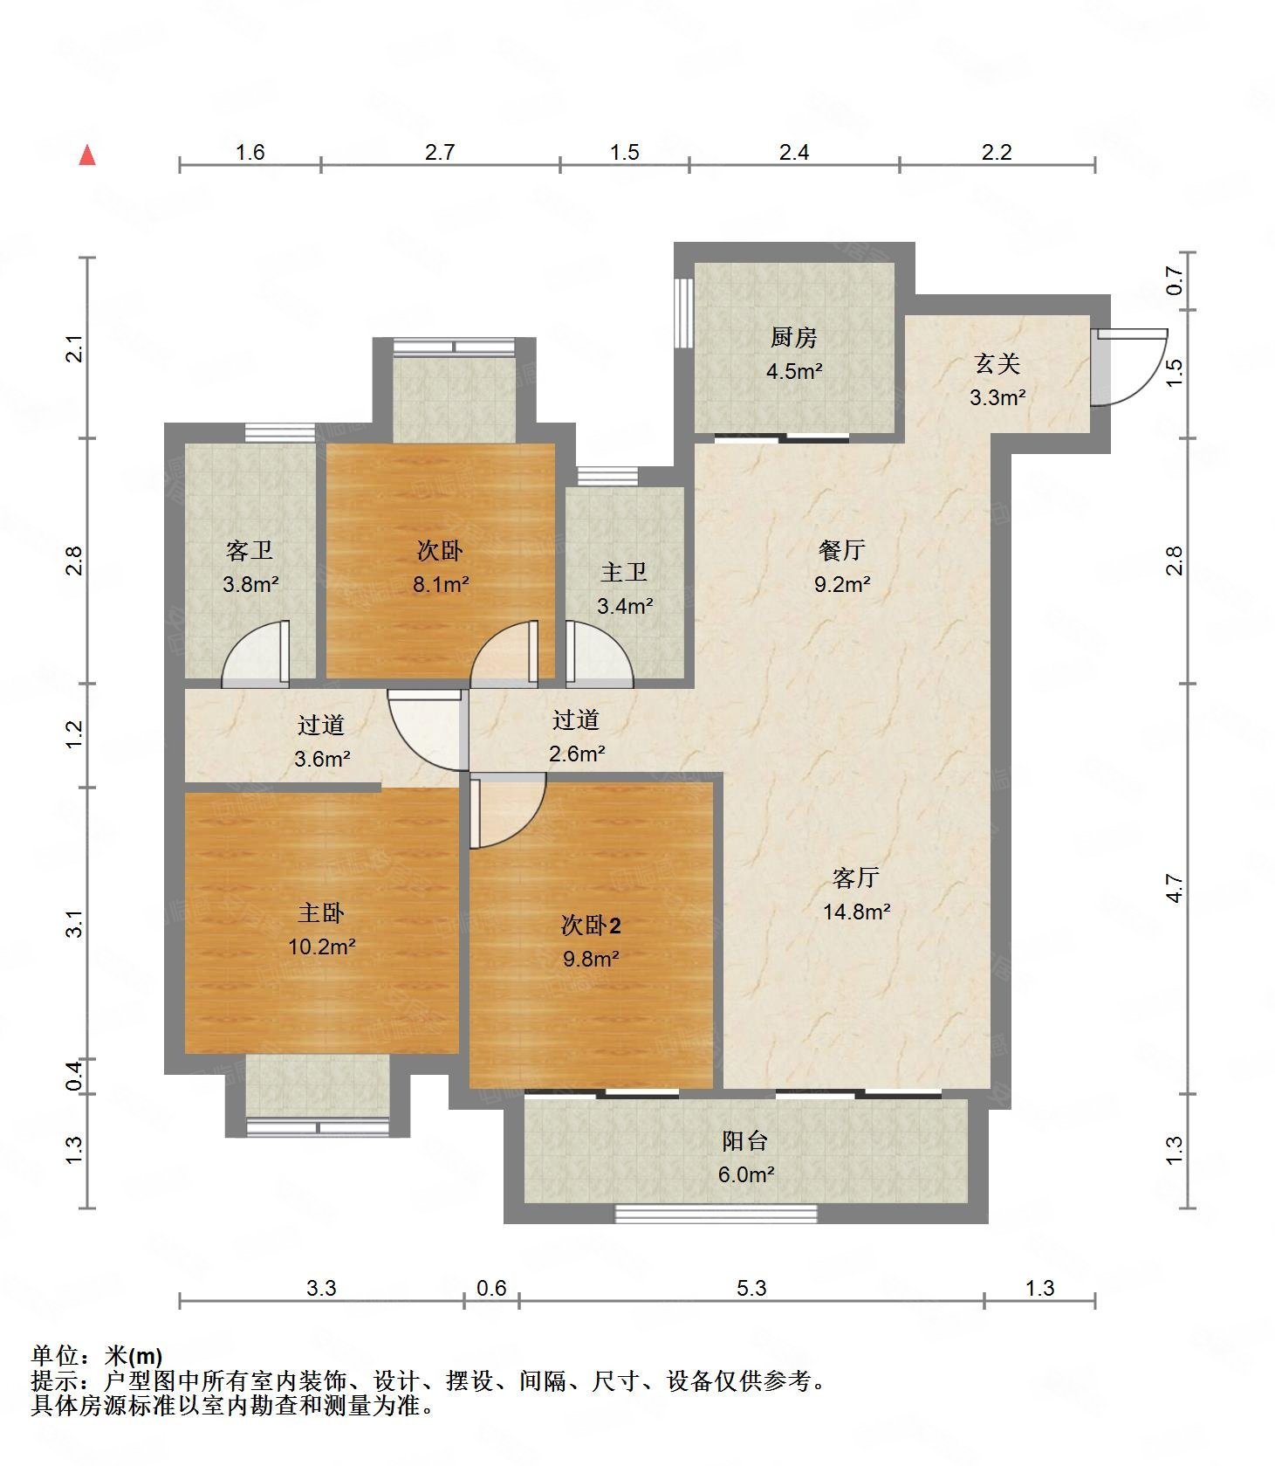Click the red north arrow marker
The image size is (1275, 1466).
pos(87,155)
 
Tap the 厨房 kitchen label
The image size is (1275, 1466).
pos(793,337)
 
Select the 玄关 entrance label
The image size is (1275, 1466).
pos(997,363)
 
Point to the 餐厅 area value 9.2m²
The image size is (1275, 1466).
pos(842,584)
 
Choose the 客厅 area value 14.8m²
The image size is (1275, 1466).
pos(856,912)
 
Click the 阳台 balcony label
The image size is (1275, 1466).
pos(745,1140)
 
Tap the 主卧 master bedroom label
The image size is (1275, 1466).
pos(321,912)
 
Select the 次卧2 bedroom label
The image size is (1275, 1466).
pos(591,925)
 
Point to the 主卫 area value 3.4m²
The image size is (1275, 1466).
pos(625,605)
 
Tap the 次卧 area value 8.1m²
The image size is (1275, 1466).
pos(441,584)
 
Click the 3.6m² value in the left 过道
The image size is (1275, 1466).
pos(322,759)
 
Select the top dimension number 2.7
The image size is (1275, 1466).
pos(440,152)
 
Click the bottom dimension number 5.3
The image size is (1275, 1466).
pos(751,1287)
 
